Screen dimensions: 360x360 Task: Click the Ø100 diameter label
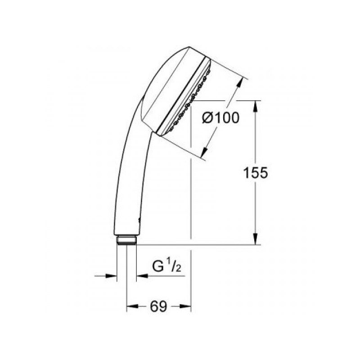[x=220, y=118]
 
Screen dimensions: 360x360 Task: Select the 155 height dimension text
[x=255, y=173]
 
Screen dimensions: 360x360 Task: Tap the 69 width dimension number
[x=158, y=306]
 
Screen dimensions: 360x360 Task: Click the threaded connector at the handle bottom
[x=127, y=240]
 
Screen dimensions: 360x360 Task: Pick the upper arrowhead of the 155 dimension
[x=256, y=106]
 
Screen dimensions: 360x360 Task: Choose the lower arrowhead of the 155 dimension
[x=256, y=239]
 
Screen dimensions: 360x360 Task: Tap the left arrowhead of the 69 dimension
[x=132, y=306]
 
